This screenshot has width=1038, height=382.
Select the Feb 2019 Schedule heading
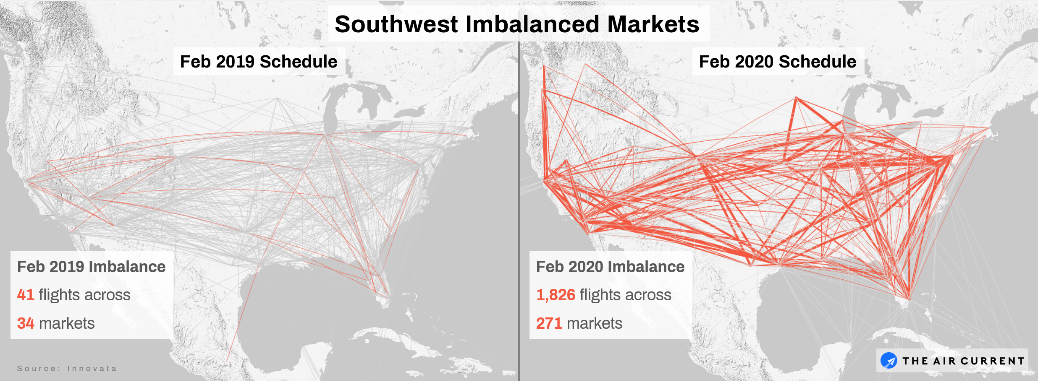[258, 62]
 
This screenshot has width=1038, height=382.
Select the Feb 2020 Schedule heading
[777, 62]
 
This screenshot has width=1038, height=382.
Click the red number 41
[26, 295]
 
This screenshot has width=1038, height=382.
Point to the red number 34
[26, 323]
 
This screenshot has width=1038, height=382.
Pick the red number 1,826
[556, 295]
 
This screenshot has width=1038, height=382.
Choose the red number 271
[549, 323]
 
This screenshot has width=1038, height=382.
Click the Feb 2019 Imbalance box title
[91, 267]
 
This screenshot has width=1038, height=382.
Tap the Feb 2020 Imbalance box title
[610, 267]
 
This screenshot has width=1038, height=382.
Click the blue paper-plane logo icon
[889, 361]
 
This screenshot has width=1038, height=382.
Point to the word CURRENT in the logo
[992, 361]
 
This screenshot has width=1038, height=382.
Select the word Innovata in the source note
[92, 369]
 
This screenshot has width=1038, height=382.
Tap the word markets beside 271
[594, 323]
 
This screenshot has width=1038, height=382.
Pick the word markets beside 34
[67, 323]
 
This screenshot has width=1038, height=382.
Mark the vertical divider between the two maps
[519, 210]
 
